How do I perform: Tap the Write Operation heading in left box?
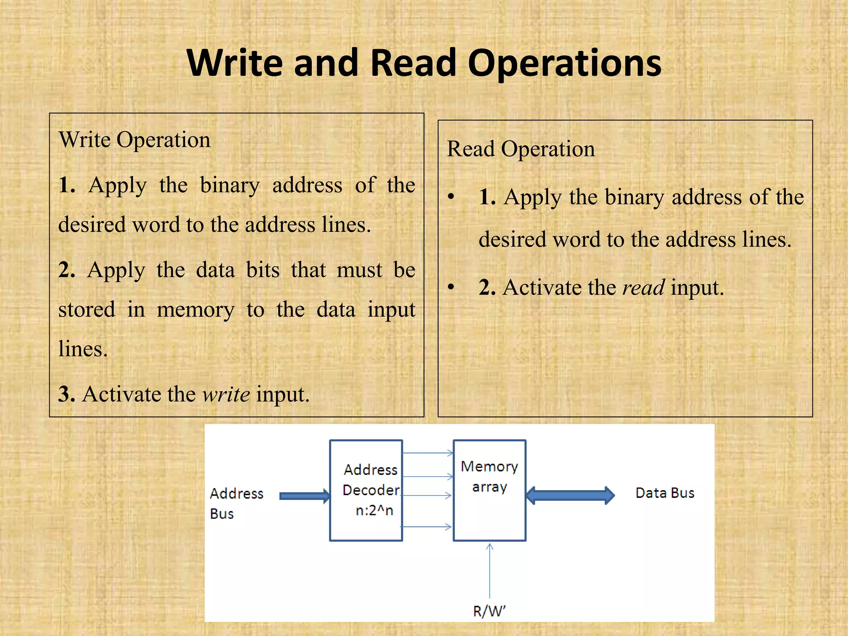pyautogui.click(x=135, y=140)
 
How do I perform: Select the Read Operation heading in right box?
pyautogui.click(x=521, y=149)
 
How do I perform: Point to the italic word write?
pyautogui.click(x=226, y=394)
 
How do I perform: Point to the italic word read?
pyautogui.click(x=643, y=288)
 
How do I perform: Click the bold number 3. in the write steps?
pyautogui.click(x=67, y=394)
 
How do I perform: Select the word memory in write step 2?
pyautogui.click(x=195, y=310)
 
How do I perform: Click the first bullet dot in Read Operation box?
pyautogui.click(x=451, y=197)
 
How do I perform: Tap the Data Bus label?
pyautogui.click(x=665, y=493)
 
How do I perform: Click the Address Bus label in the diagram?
pyautogui.click(x=236, y=503)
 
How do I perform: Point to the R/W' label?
pyautogui.click(x=489, y=611)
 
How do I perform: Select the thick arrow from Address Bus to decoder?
pyautogui.click(x=305, y=496)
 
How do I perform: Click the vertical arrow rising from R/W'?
pyautogui.click(x=489, y=571)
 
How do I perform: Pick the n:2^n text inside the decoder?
pyautogui.click(x=374, y=511)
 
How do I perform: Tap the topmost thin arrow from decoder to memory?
pyautogui.click(x=428, y=453)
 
